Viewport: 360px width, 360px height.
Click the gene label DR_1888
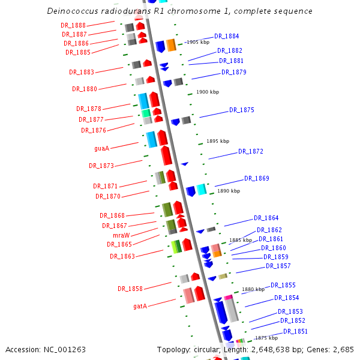click(x=73, y=25)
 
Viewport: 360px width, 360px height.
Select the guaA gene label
click(x=101, y=148)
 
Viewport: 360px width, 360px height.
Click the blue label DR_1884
click(x=226, y=36)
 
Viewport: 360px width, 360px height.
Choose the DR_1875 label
click(x=241, y=110)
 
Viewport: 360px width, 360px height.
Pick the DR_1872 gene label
click(x=250, y=151)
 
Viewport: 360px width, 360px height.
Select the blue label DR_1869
click(x=256, y=178)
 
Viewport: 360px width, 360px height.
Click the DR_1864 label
click(x=266, y=218)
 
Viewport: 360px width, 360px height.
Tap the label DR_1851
click(x=295, y=331)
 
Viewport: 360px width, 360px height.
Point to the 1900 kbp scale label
click(x=208, y=92)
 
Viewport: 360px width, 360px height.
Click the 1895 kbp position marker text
click(x=218, y=141)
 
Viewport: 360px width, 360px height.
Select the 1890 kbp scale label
click(x=228, y=191)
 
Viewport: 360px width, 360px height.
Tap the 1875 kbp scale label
click(x=266, y=338)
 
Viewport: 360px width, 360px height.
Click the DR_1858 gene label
click(x=130, y=289)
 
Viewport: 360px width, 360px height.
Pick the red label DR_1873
click(x=101, y=166)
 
